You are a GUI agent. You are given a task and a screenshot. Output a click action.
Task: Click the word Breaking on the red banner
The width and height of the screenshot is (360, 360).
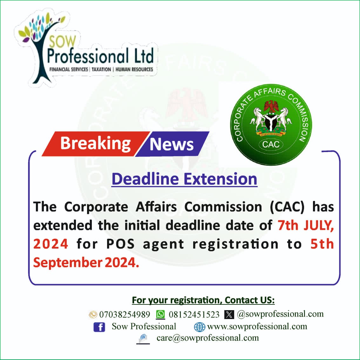pyautogui.click(x=95, y=144)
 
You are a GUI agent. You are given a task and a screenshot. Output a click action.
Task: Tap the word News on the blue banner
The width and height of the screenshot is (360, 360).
pyautogui.click(x=171, y=144)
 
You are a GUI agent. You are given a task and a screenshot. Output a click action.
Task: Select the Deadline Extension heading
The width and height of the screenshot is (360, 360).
pyautogui.click(x=184, y=179)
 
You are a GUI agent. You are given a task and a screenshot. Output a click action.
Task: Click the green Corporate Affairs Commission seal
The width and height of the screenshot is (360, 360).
pyautogui.click(x=271, y=125)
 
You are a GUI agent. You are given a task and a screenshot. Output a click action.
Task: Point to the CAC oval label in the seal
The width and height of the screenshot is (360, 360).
pyautogui.click(x=271, y=144)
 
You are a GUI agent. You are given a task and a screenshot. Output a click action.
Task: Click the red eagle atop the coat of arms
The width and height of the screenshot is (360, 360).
pyautogui.click(x=271, y=106)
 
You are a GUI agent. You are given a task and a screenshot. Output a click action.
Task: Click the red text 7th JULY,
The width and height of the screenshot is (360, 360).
pyautogui.click(x=306, y=225)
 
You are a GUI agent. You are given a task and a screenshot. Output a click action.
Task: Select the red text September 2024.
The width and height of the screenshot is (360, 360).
pyautogui.click(x=86, y=263)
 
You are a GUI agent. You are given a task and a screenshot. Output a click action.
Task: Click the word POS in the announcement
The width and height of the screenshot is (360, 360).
pyautogui.click(x=120, y=244)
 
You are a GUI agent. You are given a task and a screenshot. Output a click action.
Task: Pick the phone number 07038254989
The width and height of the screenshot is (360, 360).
pyautogui.click(x=125, y=314)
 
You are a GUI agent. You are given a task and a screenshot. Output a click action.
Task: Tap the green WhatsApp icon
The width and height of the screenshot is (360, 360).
pyautogui.click(x=160, y=314)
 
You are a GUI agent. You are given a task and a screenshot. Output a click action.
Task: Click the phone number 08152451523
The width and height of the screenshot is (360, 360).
pyautogui.click(x=194, y=314)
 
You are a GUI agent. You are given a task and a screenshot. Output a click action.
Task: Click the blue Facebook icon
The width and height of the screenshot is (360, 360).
pyautogui.click(x=99, y=327)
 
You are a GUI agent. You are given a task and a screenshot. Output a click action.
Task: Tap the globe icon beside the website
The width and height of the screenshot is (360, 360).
pyautogui.click(x=200, y=327)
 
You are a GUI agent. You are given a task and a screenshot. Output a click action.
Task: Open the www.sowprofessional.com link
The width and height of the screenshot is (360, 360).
pyautogui.click(x=257, y=326)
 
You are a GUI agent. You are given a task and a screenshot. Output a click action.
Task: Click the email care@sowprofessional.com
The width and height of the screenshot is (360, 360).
pyautogui.click(x=208, y=338)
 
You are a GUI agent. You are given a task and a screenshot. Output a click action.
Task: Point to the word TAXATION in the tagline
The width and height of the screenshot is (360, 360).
pyautogui.click(x=101, y=69)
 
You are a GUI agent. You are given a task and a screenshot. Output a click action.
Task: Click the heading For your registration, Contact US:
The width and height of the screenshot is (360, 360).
pyautogui.click(x=203, y=300)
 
